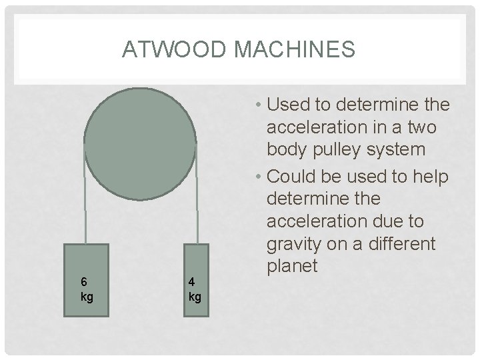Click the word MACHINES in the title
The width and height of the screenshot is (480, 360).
coord(293,50)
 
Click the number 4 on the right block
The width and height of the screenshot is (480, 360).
coord(191,283)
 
